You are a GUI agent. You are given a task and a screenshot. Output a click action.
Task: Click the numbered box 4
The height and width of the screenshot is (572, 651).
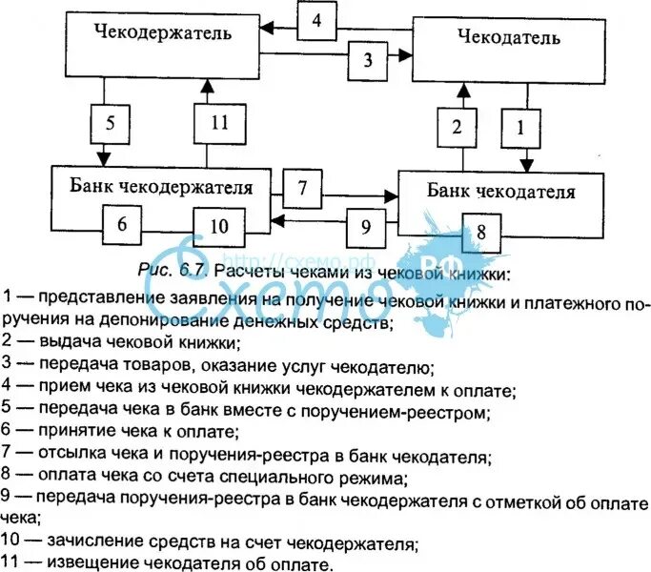pos(316,21)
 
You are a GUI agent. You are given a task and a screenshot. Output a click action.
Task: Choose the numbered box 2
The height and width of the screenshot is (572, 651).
pos(458,127)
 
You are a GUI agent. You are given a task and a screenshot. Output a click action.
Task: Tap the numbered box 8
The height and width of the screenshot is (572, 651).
pos(481,232)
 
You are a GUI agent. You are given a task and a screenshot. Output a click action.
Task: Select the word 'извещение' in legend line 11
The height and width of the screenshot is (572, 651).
pos(85,563)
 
